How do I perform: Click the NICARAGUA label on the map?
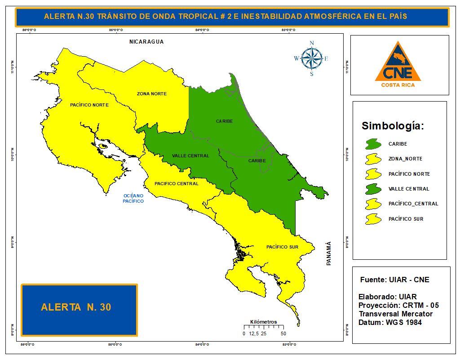pyautogui.click(x=146, y=42)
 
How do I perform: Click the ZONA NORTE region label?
pyautogui.click(x=152, y=94)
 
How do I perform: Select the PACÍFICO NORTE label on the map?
pyautogui.click(x=89, y=105)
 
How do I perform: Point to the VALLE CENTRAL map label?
pyautogui.click(x=190, y=156)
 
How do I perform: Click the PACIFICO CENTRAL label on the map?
pyautogui.click(x=177, y=183)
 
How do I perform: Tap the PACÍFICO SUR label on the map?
pyautogui.click(x=282, y=247)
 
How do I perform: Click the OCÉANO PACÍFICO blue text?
pyautogui.click(x=133, y=198)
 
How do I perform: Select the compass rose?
pyautogui.click(x=311, y=58)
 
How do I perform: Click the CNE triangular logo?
pyautogui.click(x=398, y=63)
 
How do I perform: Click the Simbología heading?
pyautogui.click(x=393, y=126)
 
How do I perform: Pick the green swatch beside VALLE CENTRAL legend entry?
pyautogui.click(x=373, y=189)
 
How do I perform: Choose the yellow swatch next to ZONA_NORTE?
pyautogui.click(x=373, y=159)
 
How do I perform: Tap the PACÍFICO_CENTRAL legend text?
pyautogui.click(x=413, y=204)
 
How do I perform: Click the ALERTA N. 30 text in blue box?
pyautogui.click(x=76, y=307)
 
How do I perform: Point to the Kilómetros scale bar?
pyautogui.click(x=264, y=327)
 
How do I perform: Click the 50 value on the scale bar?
pyautogui.click(x=283, y=334)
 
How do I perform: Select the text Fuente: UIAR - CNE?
pyautogui.click(x=394, y=280)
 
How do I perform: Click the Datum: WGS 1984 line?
pyautogui.click(x=390, y=322)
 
